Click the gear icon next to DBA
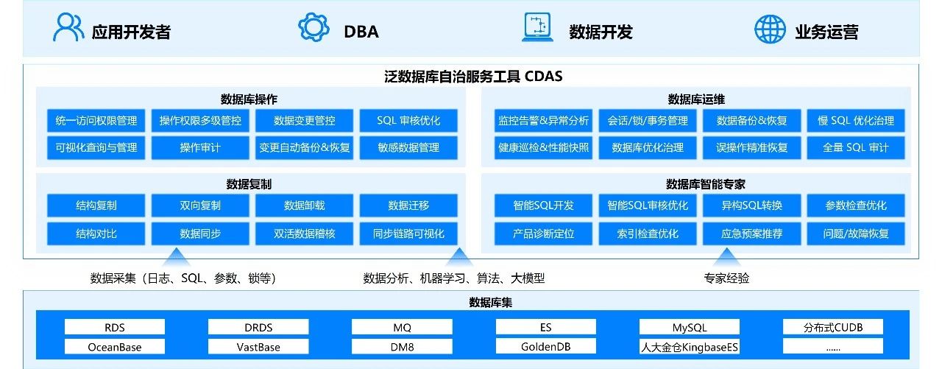click(x=314, y=28)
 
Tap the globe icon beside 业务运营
click(x=770, y=29)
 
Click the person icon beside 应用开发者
click(x=68, y=28)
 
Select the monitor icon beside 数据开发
click(x=537, y=28)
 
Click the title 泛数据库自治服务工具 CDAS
click(x=472, y=76)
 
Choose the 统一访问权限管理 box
click(x=96, y=121)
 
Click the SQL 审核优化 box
click(x=408, y=121)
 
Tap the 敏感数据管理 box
click(x=408, y=147)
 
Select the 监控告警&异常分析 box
click(x=544, y=121)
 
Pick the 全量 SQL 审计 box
click(x=856, y=147)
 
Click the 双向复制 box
click(x=200, y=205)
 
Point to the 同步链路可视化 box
click(x=408, y=233)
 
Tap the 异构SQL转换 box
click(x=751, y=205)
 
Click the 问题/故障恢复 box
click(x=856, y=233)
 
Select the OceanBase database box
click(x=115, y=347)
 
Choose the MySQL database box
click(x=690, y=327)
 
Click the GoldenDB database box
click(x=546, y=347)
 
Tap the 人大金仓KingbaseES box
click(x=690, y=347)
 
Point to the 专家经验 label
click(x=726, y=278)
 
